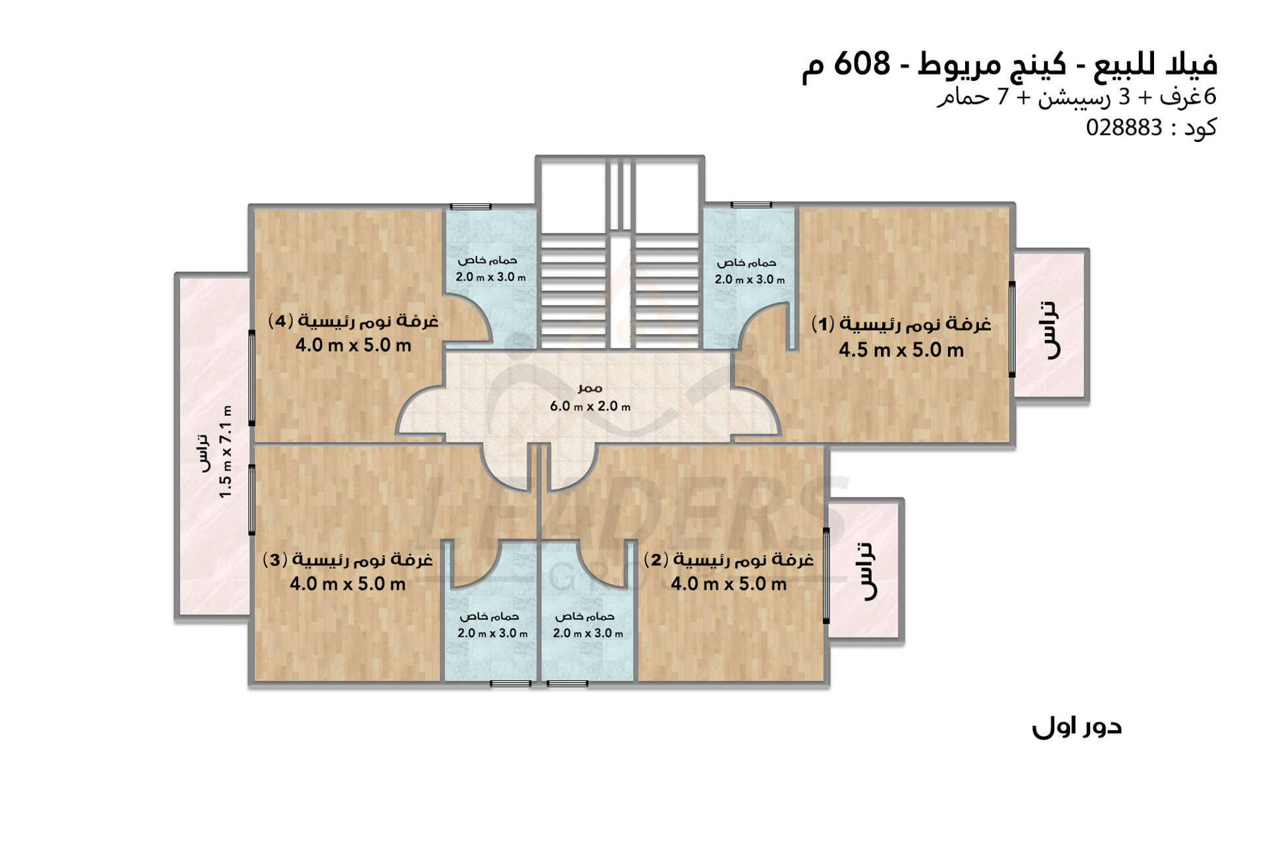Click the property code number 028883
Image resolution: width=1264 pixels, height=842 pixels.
point(1124,128)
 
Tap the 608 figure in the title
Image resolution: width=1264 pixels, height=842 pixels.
point(862,64)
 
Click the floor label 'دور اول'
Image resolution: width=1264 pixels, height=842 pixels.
point(1076,726)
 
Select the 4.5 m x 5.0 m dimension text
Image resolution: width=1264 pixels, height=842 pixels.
point(901,350)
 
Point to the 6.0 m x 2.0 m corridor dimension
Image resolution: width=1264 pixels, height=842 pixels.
point(590,407)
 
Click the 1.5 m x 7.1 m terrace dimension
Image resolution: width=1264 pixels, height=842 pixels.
point(226,452)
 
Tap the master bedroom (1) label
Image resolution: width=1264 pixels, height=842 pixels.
point(901,324)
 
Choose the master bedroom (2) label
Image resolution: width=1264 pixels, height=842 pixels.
point(728,560)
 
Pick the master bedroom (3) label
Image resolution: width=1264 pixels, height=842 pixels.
point(348,560)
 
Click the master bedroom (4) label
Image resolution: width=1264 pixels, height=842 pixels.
point(353,321)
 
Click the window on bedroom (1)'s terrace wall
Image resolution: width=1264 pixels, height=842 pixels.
point(1012,330)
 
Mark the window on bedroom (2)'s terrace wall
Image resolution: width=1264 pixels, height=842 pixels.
point(826,576)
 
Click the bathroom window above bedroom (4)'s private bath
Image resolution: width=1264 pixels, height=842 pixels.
point(471,207)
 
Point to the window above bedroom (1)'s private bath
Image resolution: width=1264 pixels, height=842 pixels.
point(751,205)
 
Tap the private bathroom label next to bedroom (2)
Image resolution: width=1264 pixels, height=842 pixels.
point(585,617)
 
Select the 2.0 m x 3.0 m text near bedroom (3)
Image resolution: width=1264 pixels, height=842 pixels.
point(492,633)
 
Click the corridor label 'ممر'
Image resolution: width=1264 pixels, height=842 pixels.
point(590,388)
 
